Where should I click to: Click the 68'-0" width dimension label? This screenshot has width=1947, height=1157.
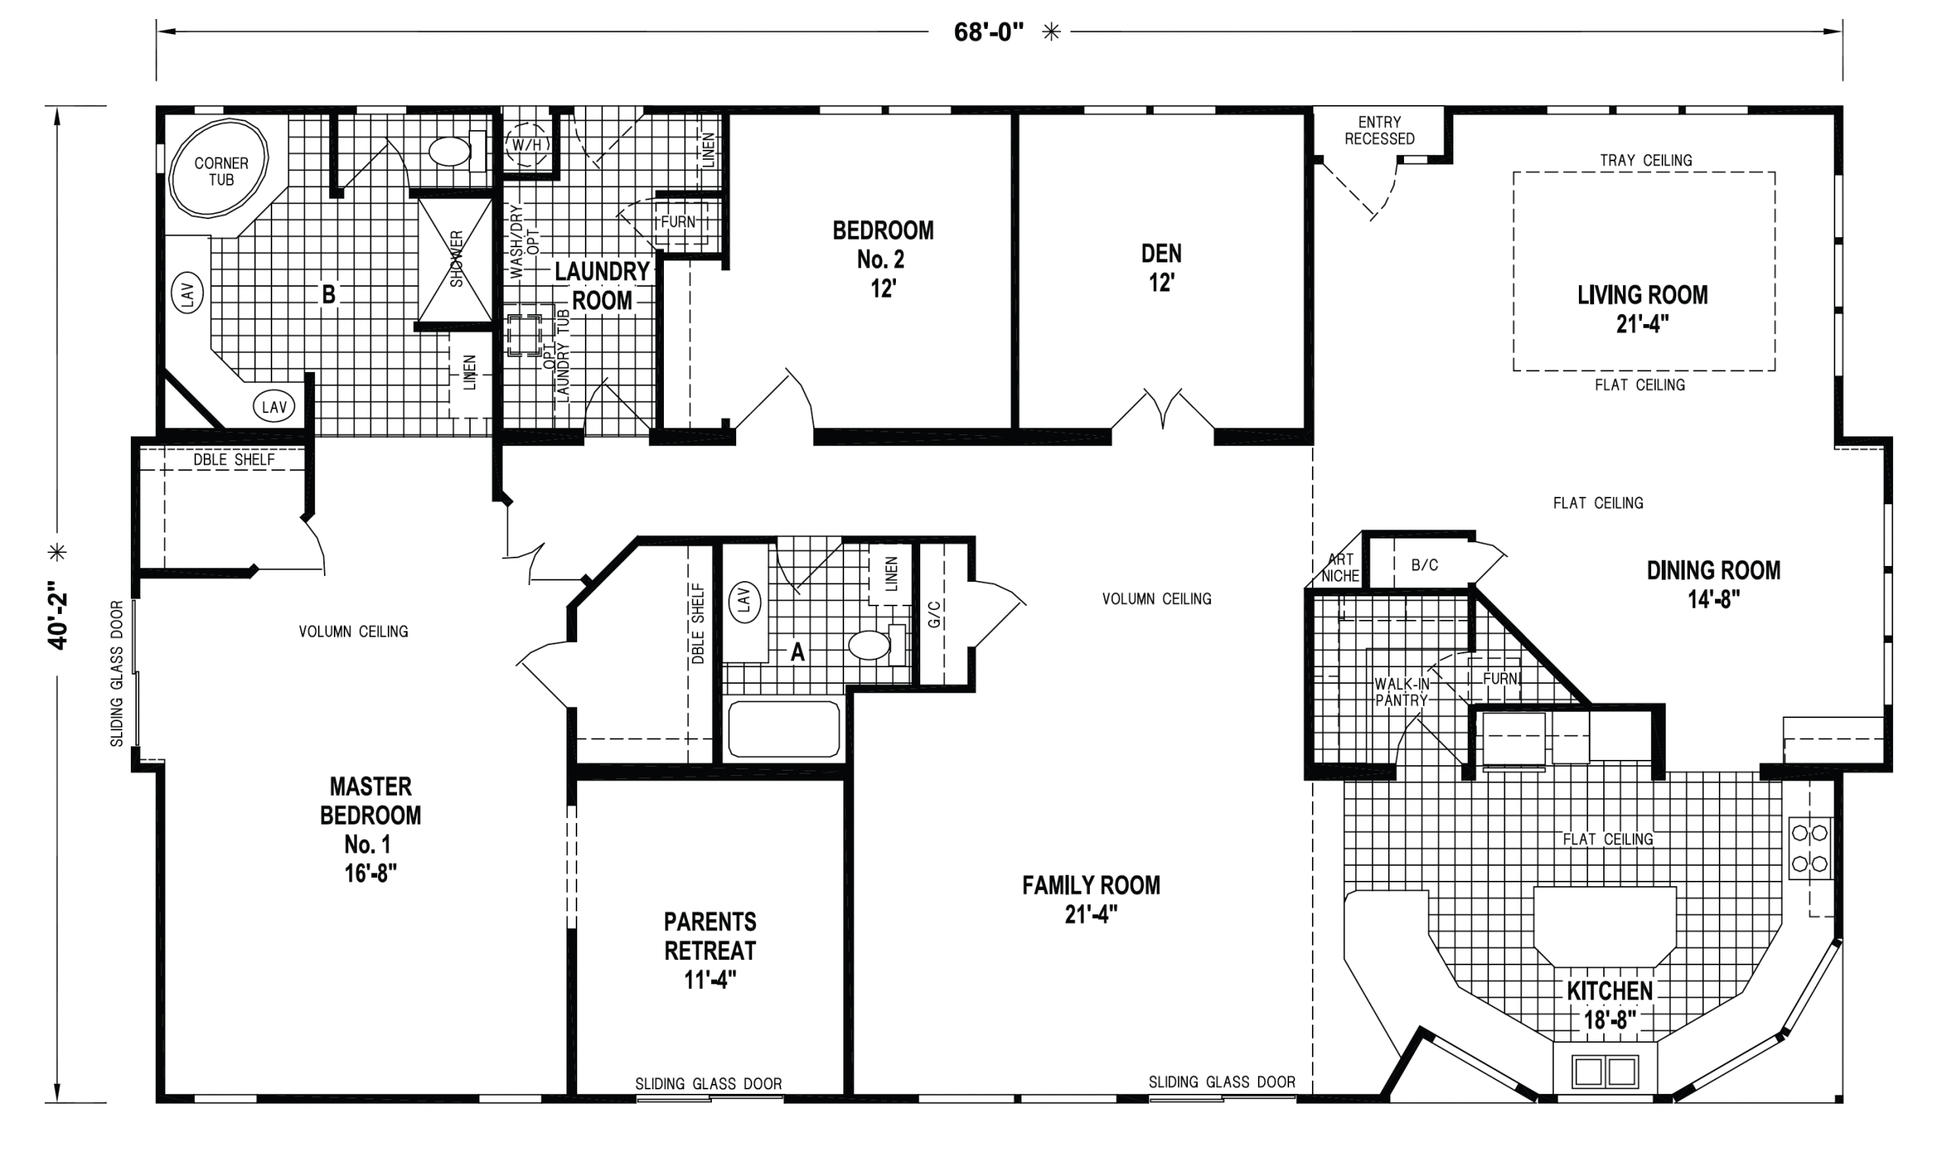[x=988, y=32]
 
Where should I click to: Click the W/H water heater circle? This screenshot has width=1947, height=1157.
[x=527, y=145]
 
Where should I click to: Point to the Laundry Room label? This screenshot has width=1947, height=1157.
[x=602, y=285]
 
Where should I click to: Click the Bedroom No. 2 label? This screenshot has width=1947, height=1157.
[x=883, y=259]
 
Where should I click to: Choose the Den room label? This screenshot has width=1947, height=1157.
[x=1161, y=268]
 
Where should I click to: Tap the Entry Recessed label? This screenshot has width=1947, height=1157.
[x=1379, y=130]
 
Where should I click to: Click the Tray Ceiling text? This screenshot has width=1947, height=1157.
[x=1646, y=160]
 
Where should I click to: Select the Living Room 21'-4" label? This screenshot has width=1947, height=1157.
[x=1642, y=309]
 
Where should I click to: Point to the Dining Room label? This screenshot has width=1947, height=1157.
[x=1714, y=584]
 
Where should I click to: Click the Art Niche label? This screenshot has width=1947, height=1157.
[x=1341, y=567]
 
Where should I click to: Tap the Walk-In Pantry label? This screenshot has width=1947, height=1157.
[x=1402, y=692]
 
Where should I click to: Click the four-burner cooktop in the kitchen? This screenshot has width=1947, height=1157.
[x=1810, y=848]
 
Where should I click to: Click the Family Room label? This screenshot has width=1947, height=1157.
[x=1091, y=899]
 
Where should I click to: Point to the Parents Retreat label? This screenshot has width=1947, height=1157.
[x=710, y=950]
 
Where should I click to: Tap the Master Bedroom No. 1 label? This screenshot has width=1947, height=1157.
[x=370, y=830]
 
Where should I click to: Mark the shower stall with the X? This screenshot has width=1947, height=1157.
[x=456, y=259]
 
